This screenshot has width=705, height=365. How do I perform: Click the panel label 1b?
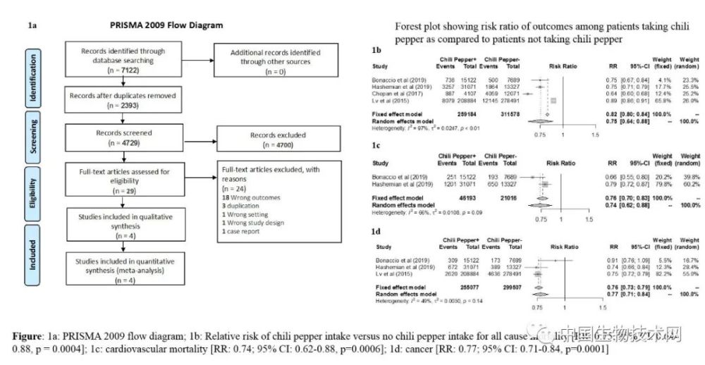pyautogui.click(x=376, y=51)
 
